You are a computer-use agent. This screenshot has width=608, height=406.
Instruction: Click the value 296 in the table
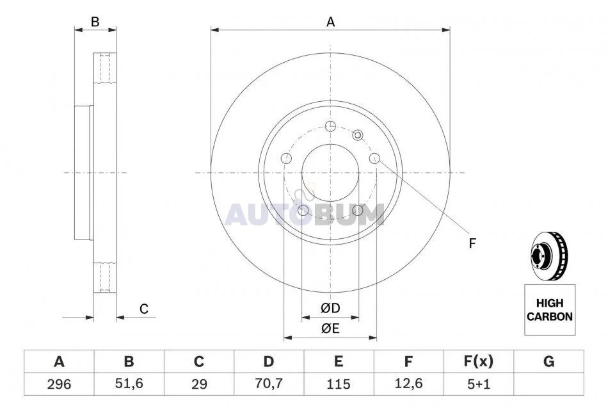point(59,384)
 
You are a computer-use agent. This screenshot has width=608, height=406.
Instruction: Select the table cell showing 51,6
point(129,384)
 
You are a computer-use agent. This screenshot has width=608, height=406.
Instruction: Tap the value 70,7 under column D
point(269,384)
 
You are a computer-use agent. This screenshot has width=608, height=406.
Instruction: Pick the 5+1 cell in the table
point(479,384)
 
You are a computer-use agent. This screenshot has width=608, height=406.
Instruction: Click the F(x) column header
point(479,361)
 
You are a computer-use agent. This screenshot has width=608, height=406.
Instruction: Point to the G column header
point(548,361)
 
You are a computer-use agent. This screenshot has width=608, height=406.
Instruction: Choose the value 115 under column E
point(339,384)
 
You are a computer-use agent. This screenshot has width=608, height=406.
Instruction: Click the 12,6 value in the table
point(408,384)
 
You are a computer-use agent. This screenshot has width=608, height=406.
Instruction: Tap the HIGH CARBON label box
point(550,310)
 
